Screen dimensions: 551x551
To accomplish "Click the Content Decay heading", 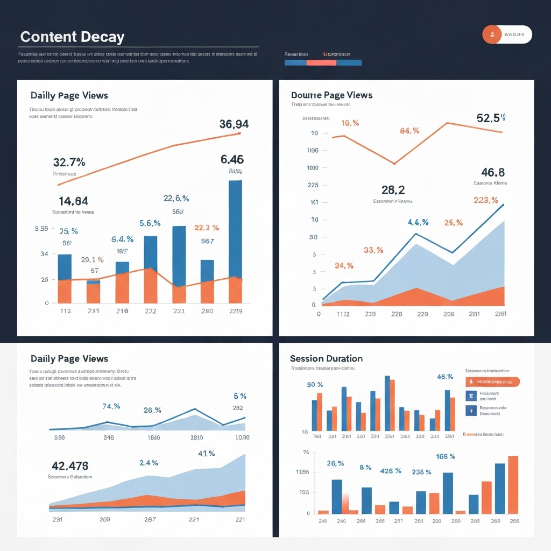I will (72, 37).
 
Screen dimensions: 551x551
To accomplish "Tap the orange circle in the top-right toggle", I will (491, 34).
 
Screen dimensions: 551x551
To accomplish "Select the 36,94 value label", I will (234, 124).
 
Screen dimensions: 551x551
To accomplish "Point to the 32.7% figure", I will (69, 162).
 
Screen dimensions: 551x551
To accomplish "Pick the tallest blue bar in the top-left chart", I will (235, 229).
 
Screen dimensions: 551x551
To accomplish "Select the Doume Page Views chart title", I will (331, 95).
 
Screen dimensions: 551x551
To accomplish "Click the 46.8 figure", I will (492, 172).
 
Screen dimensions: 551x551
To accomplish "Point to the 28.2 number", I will (393, 190).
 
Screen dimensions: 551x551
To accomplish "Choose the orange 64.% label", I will (410, 131).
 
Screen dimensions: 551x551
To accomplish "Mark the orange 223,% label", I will (485, 200).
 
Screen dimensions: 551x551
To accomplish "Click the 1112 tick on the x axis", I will (343, 314).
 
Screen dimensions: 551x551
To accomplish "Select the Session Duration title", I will (326, 358).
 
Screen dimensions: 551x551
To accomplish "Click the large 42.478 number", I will (70, 465).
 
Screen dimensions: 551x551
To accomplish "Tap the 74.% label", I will (111, 406).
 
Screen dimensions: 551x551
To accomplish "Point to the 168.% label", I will (445, 456).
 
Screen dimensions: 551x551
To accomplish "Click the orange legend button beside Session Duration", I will (492, 382).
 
